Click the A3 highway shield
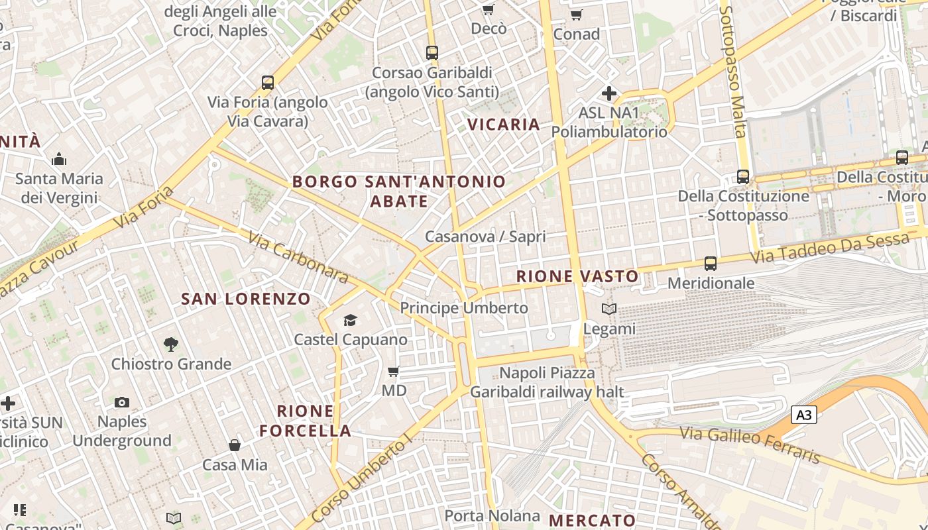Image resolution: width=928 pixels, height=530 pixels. click(x=803, y=415)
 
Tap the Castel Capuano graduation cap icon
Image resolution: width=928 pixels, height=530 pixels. click(x=350, y=321)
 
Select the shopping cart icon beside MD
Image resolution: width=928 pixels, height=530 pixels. click(x=394, y=372)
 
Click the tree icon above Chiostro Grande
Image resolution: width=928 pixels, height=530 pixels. click(x=171, y=344)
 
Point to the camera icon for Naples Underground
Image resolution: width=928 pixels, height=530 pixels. click(x=122, y=402)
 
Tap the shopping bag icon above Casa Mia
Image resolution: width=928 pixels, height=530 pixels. click(x=235, y=445)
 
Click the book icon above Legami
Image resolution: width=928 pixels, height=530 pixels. click(x=609, y=309)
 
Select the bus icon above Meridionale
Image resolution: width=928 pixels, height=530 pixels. click(x=711, y=264)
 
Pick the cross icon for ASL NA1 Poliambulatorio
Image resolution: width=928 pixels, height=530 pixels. click(x=609, y=93)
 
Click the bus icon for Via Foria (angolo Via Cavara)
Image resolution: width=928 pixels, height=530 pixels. click(x=268, y=83)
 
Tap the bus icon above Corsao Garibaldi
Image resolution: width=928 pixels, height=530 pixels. click(x=432, y=53)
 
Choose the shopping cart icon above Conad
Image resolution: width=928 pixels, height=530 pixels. click(x=576, y=15)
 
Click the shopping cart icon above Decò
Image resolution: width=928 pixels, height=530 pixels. click(x=489, y=9)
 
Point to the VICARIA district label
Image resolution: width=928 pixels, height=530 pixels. click(x=504, y=125)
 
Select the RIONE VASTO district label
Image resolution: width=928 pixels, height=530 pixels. click(x=577, y=276)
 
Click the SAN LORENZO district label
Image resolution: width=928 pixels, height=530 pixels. click(x=246, y=299)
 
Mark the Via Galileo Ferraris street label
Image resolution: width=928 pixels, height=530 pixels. click(x=750, y=445)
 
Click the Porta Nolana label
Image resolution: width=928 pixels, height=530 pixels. click(x=492, y=515)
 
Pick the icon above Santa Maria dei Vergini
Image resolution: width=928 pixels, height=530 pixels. click(x=59, y=160)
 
